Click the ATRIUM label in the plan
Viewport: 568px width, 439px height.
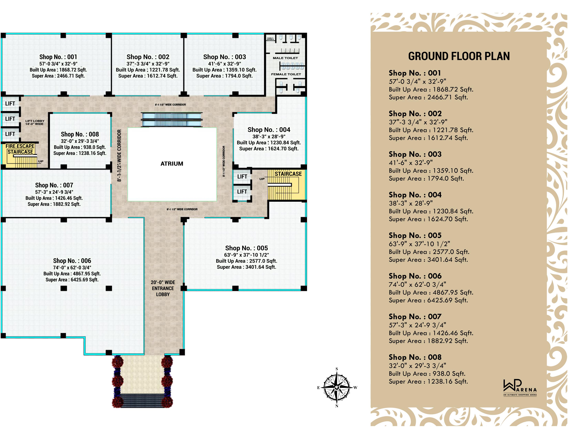click(172, 164)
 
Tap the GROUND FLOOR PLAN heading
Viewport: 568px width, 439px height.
click(459, 56)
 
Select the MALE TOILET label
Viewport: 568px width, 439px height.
click(285, 58)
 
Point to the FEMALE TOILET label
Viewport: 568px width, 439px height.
click(286, 74)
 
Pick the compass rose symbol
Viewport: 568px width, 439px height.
click(337, 387)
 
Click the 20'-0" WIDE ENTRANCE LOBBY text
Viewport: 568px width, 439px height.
click(163, 288)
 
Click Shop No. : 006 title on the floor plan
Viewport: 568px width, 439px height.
click(72, 261)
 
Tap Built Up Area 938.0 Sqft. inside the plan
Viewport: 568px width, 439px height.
click(80, 147)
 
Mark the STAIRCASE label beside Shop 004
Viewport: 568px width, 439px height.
click(288, 174)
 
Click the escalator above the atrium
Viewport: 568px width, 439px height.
click(172, 120)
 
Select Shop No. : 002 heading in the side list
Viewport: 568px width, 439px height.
click(415, 114)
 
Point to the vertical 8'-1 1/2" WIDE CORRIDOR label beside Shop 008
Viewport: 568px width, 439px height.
click(119, 155)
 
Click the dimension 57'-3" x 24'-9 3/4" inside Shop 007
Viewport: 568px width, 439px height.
click(54, 192)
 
